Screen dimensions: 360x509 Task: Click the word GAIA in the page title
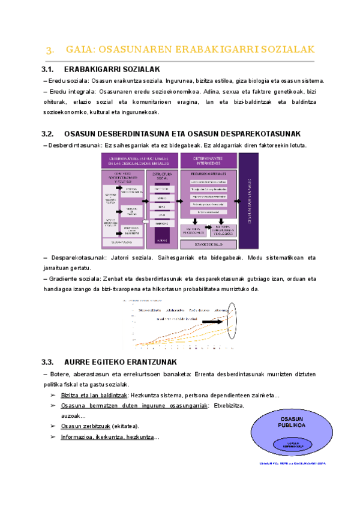[x=77, y=49]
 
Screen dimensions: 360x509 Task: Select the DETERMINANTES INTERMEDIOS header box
[x=208, y=160]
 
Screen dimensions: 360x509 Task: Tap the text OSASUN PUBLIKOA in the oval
[x=293, y=421]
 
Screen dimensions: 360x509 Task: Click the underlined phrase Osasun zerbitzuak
[x=83, y=426]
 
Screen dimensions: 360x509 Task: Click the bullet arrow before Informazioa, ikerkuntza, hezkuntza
[x=53, y=436]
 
